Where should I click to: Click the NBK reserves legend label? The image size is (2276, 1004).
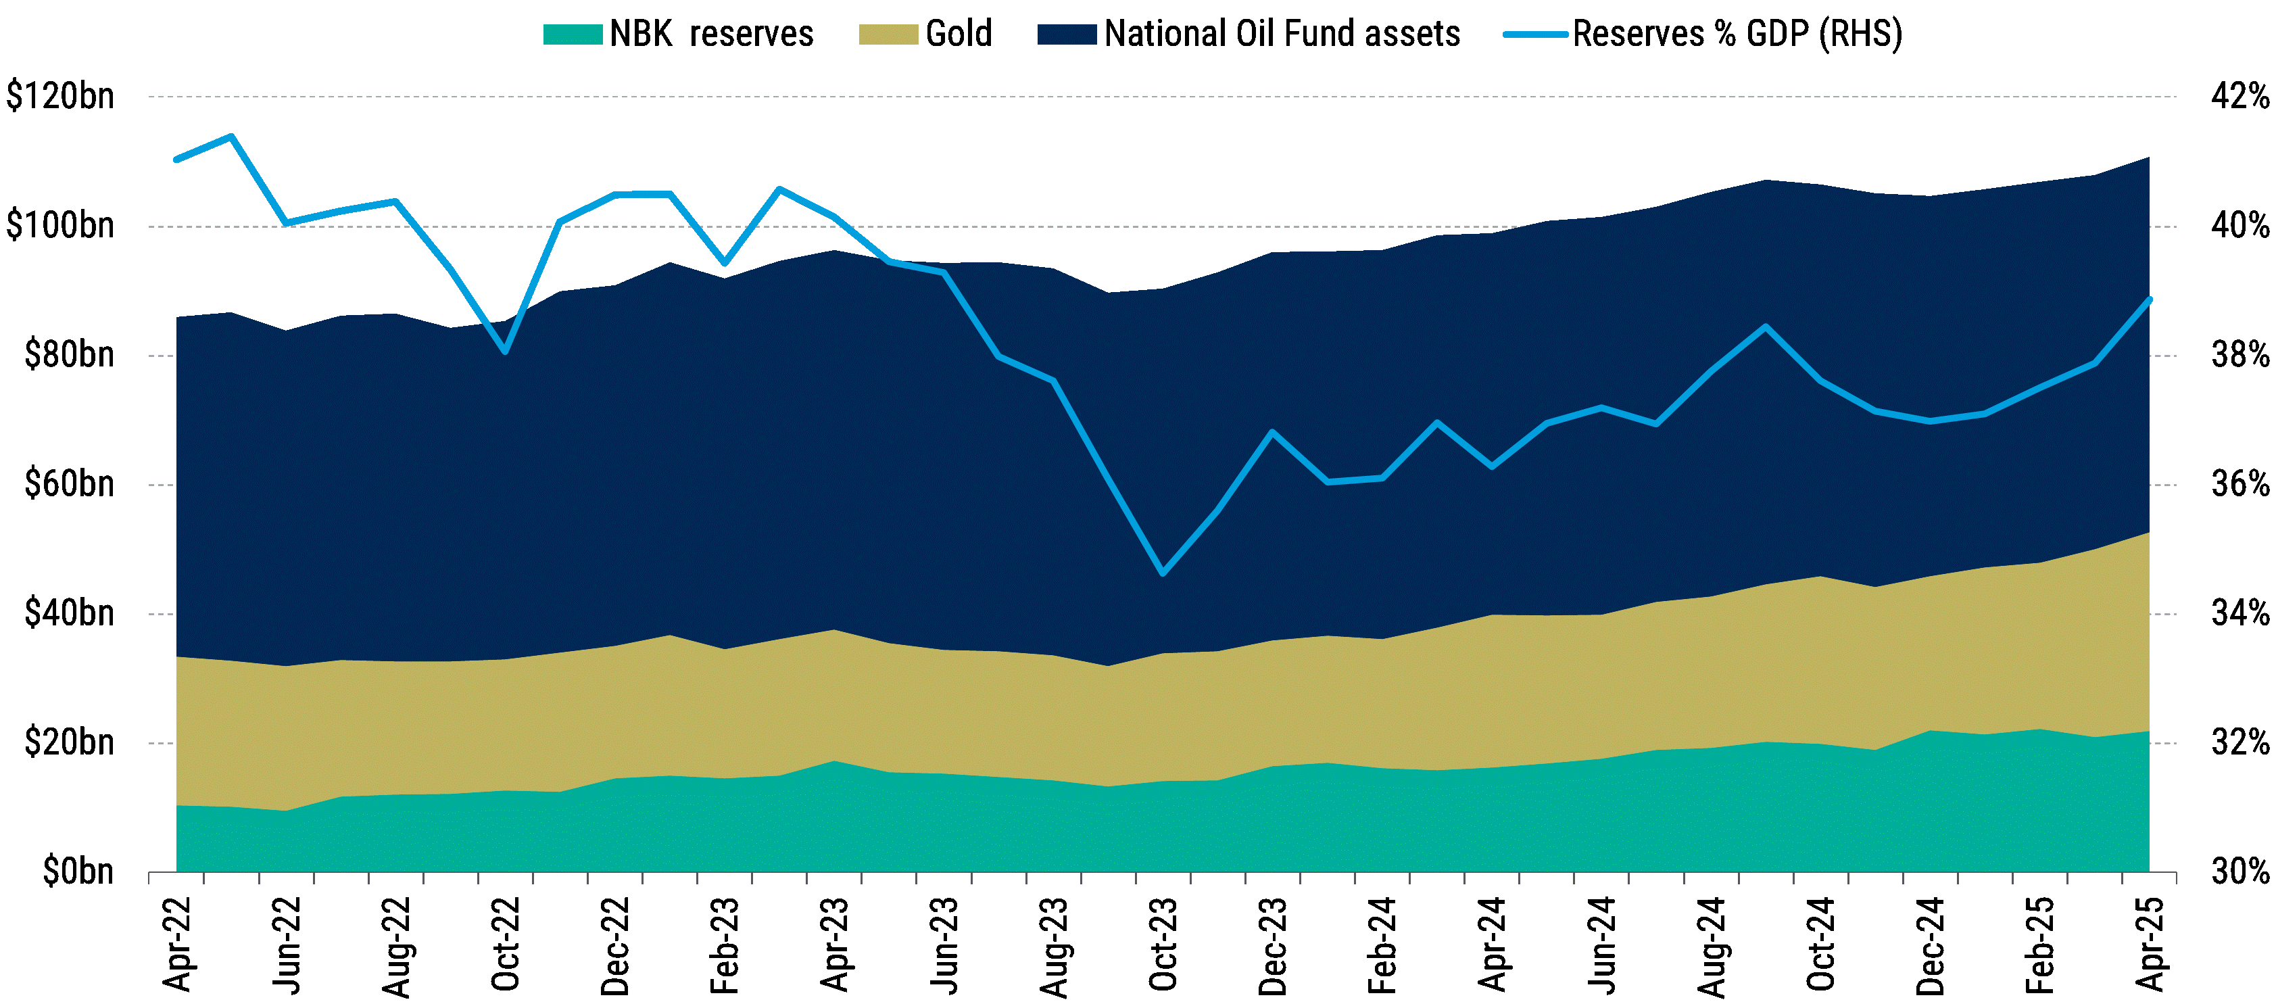pos(710,34)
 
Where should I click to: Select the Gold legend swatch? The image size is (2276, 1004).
pos(888,34)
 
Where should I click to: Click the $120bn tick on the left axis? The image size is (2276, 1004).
pos(60,96)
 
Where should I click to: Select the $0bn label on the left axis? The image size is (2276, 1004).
pos(78,871)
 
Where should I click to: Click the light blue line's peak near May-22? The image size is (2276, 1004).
pos(231,136)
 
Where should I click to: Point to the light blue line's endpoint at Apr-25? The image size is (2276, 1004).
pos(2149,299)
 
